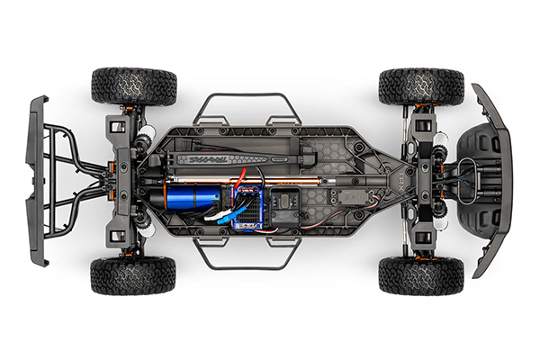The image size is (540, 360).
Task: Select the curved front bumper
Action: (x=493, y=180)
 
